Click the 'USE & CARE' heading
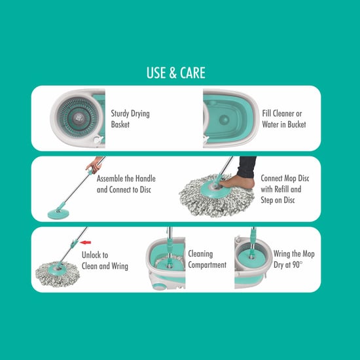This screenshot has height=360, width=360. point(179,73)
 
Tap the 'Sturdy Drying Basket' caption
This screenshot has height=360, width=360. point(130,118)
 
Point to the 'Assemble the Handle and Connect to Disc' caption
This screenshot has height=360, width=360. point(126,184)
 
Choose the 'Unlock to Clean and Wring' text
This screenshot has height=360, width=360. point(105,261)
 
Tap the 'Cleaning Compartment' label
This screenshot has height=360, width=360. point(207,259)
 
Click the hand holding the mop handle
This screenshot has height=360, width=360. point(98,162)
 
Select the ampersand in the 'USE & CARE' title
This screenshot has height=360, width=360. point(175,73)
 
